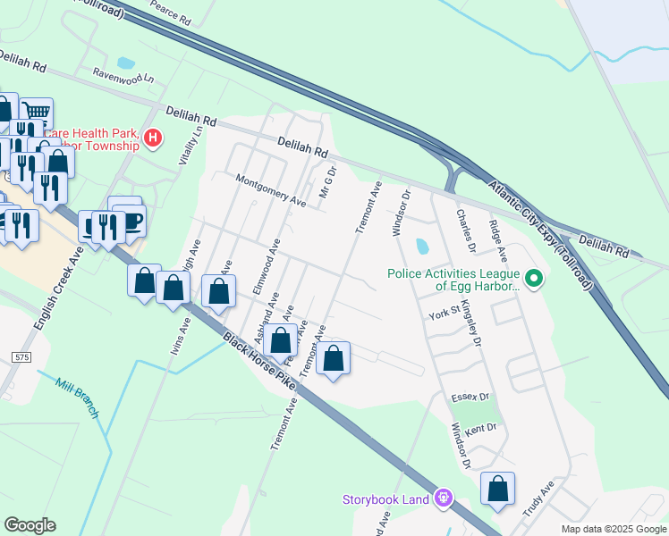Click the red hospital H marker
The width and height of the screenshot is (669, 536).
pyautogui.click(x=153, y=138)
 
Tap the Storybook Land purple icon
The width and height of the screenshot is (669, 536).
pyautogui.click(x=442, y=498)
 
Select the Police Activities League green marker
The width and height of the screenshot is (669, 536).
pyautogui.click(x=534, y=281)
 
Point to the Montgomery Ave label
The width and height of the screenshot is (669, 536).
pyautogui.click(x=270, y=191)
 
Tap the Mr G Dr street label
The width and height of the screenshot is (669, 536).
pyautogui.click(x=327, y=182)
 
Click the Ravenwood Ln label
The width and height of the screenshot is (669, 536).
pyautogui.click(x=123, y=78)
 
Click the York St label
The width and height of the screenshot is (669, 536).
pyautogui.click(x=444, y=314)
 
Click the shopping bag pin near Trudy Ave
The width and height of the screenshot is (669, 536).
pyautogui.click(x=497, y=489)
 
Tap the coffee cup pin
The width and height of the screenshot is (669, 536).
pyautogui.click(x=130, y=219)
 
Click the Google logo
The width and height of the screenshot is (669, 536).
pyautogui.click(x=30, y=525)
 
